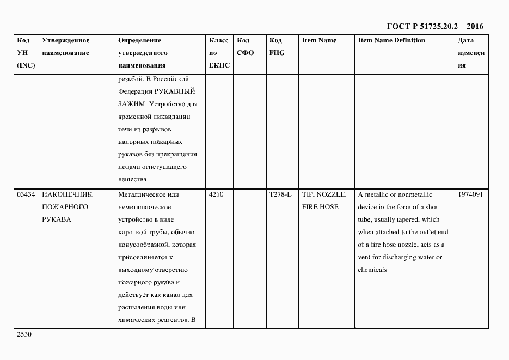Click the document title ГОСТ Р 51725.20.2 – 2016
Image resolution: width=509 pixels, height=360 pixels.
click(434, 26)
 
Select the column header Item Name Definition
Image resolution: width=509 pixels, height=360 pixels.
click(391, 40)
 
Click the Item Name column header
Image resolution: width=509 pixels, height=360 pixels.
click(319, 40)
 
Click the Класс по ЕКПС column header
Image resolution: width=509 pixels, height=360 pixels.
click(219, 53)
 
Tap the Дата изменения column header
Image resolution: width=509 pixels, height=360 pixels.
click(471, 53)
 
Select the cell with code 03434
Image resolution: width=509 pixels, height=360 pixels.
click(26, 194)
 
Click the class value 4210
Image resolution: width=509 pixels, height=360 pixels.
click(216, 194)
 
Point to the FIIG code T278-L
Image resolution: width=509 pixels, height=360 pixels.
click(280, 194)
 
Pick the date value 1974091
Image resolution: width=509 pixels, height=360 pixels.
click(471, 194)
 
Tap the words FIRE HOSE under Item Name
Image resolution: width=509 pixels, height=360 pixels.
click(320, 207)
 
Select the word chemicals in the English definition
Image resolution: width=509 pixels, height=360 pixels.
click(372, 270)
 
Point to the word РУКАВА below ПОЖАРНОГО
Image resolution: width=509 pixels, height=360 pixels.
click(56, 219)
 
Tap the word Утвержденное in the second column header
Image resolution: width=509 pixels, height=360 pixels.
click(65, 40)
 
